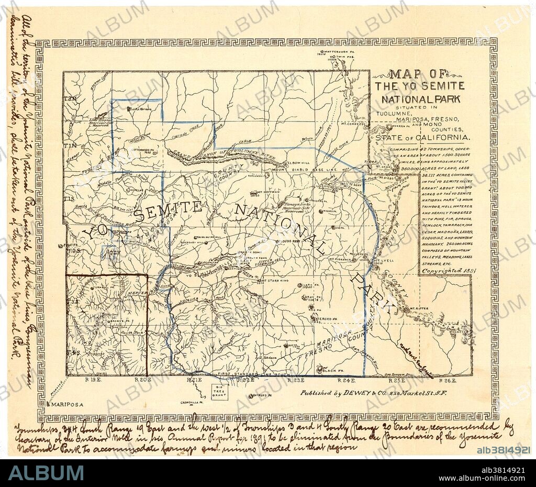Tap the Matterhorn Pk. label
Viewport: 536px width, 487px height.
pyautogui.click(x=335, y=52)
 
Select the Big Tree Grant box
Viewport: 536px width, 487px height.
pyautogui.click(x=218, y=392)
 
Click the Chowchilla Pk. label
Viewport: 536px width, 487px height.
pyautogui.click(x=194, y=403)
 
